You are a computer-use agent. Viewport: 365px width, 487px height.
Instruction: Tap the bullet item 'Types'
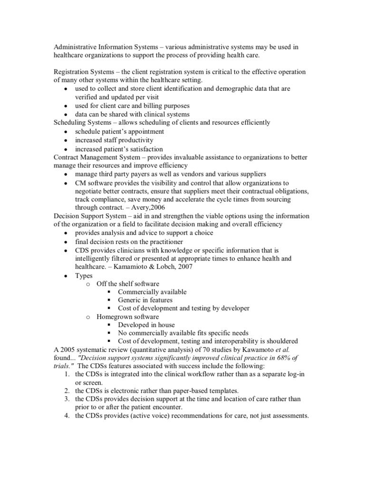(x=84, y=275)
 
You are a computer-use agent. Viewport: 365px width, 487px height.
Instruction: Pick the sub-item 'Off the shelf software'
(x=128, y=284)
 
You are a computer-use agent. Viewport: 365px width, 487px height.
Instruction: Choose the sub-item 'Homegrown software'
(x=127, y=316)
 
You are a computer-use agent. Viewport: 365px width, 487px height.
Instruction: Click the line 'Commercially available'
(x=152, y=292)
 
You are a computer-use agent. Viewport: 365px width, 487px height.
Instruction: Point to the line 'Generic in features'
(x=145, y=300)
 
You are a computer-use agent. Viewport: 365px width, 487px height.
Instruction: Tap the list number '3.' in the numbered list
(x=66, y=399)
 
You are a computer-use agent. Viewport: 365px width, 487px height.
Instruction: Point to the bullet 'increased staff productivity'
(x=114, y=140)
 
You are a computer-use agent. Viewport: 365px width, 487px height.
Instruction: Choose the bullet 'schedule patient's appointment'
(x=119, y=131)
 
